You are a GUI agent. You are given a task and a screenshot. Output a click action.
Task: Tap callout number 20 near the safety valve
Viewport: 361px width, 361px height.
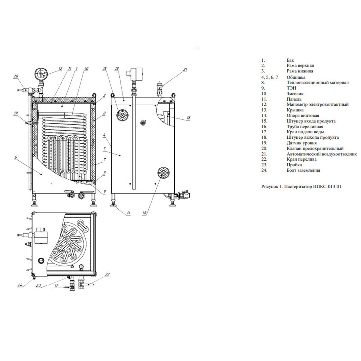16,77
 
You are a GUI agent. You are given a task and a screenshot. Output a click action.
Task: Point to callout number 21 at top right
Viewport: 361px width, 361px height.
185,69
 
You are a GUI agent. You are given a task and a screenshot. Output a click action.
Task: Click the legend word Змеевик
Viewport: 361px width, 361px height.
295,94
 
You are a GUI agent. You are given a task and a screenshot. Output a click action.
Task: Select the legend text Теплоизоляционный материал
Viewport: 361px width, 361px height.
317,83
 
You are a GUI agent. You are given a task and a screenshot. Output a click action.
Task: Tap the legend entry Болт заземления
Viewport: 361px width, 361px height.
303,171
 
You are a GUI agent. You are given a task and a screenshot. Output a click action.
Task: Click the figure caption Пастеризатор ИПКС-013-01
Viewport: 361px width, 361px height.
313,186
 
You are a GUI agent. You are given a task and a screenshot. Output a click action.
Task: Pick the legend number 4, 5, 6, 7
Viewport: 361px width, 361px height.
270,77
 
